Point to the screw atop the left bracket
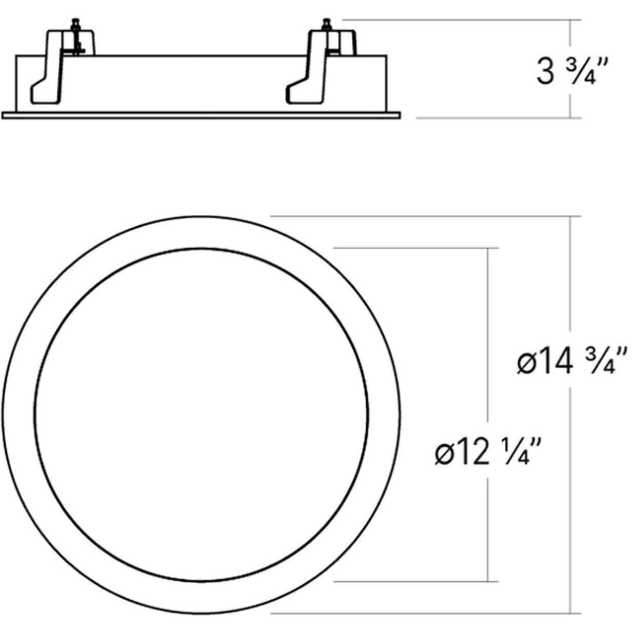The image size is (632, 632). pos(76,26)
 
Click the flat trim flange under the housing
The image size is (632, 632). pos(200,115)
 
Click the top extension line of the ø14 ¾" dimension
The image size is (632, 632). pos(426,216)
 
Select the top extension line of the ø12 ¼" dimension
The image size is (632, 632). pos(416,248)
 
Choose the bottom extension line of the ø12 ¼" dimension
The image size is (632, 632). pos(416,582)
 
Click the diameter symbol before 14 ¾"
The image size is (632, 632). pos(527,363)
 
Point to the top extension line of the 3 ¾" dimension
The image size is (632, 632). pos(462,20)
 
